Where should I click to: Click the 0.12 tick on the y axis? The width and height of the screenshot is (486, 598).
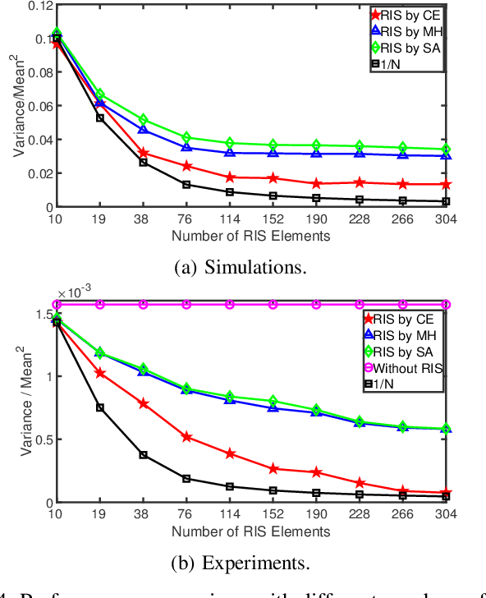point(35,5)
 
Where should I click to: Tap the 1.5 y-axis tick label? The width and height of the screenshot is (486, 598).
point(39,314)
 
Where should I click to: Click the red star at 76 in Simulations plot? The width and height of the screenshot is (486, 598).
point(186,166)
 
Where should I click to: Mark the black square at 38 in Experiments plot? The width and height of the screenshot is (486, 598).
point(143,455)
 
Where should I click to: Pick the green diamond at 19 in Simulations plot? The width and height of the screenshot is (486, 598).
point(100,94)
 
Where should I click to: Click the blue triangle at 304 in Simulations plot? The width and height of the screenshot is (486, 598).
point(445,156)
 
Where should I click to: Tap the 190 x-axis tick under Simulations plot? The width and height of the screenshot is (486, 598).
point(315,220)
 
